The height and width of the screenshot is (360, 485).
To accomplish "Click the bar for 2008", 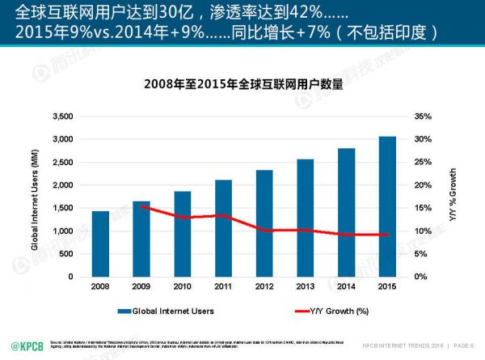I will click(x=100, y=244).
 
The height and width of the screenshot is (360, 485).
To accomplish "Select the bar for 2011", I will click(x=224, y=228).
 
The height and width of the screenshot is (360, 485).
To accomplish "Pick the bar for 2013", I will click(x=306, y=218).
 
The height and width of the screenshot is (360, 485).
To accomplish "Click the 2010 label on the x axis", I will click(x=183, y=286).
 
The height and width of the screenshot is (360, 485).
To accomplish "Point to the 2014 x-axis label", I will click(x=347, y=286).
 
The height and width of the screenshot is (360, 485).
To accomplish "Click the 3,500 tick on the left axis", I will click(x=61, y=116).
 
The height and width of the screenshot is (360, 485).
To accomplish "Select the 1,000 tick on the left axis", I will click(x=61, y=231).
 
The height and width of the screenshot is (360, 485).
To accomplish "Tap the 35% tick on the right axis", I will click(x=424, y=116).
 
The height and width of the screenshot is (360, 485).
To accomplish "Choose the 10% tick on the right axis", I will click(x=424, y=231).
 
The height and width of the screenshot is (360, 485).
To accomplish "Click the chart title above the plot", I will click(x=243, y=83).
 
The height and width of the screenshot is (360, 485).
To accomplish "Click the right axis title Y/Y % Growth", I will click(x=453, y=197).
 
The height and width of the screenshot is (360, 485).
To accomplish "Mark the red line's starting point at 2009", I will click(x=141, y=205).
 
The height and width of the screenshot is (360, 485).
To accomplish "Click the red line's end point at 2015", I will click(x=387, y=235).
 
